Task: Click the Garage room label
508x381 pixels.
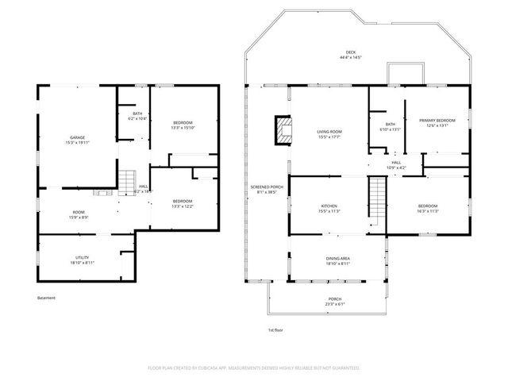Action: click(x=77, y=138)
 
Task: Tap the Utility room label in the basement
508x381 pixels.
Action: click(x=82, y=257)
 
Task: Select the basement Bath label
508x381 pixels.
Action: click(x=137, y=114)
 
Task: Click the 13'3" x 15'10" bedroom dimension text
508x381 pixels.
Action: click(x=183, y=127)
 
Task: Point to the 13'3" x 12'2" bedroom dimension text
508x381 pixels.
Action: click(x=183, y=206)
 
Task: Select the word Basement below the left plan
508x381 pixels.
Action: click(x=47, y=298)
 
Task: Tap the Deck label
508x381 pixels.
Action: click(x=351, y=52)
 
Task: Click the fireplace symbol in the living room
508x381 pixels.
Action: click(x=282, y=130)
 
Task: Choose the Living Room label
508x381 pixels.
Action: click(x=329, y=132)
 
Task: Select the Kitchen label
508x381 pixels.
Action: click(x=329, y=206)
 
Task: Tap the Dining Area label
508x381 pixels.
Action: click(x=338, y=259)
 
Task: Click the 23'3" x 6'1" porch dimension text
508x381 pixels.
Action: click(x=335, y=304)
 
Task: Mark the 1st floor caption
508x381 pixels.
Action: click(x=275, y=329)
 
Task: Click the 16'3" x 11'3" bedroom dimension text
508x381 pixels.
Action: click(x=428, y=211)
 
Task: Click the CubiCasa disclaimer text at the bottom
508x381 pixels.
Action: click(x=254, y=368)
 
